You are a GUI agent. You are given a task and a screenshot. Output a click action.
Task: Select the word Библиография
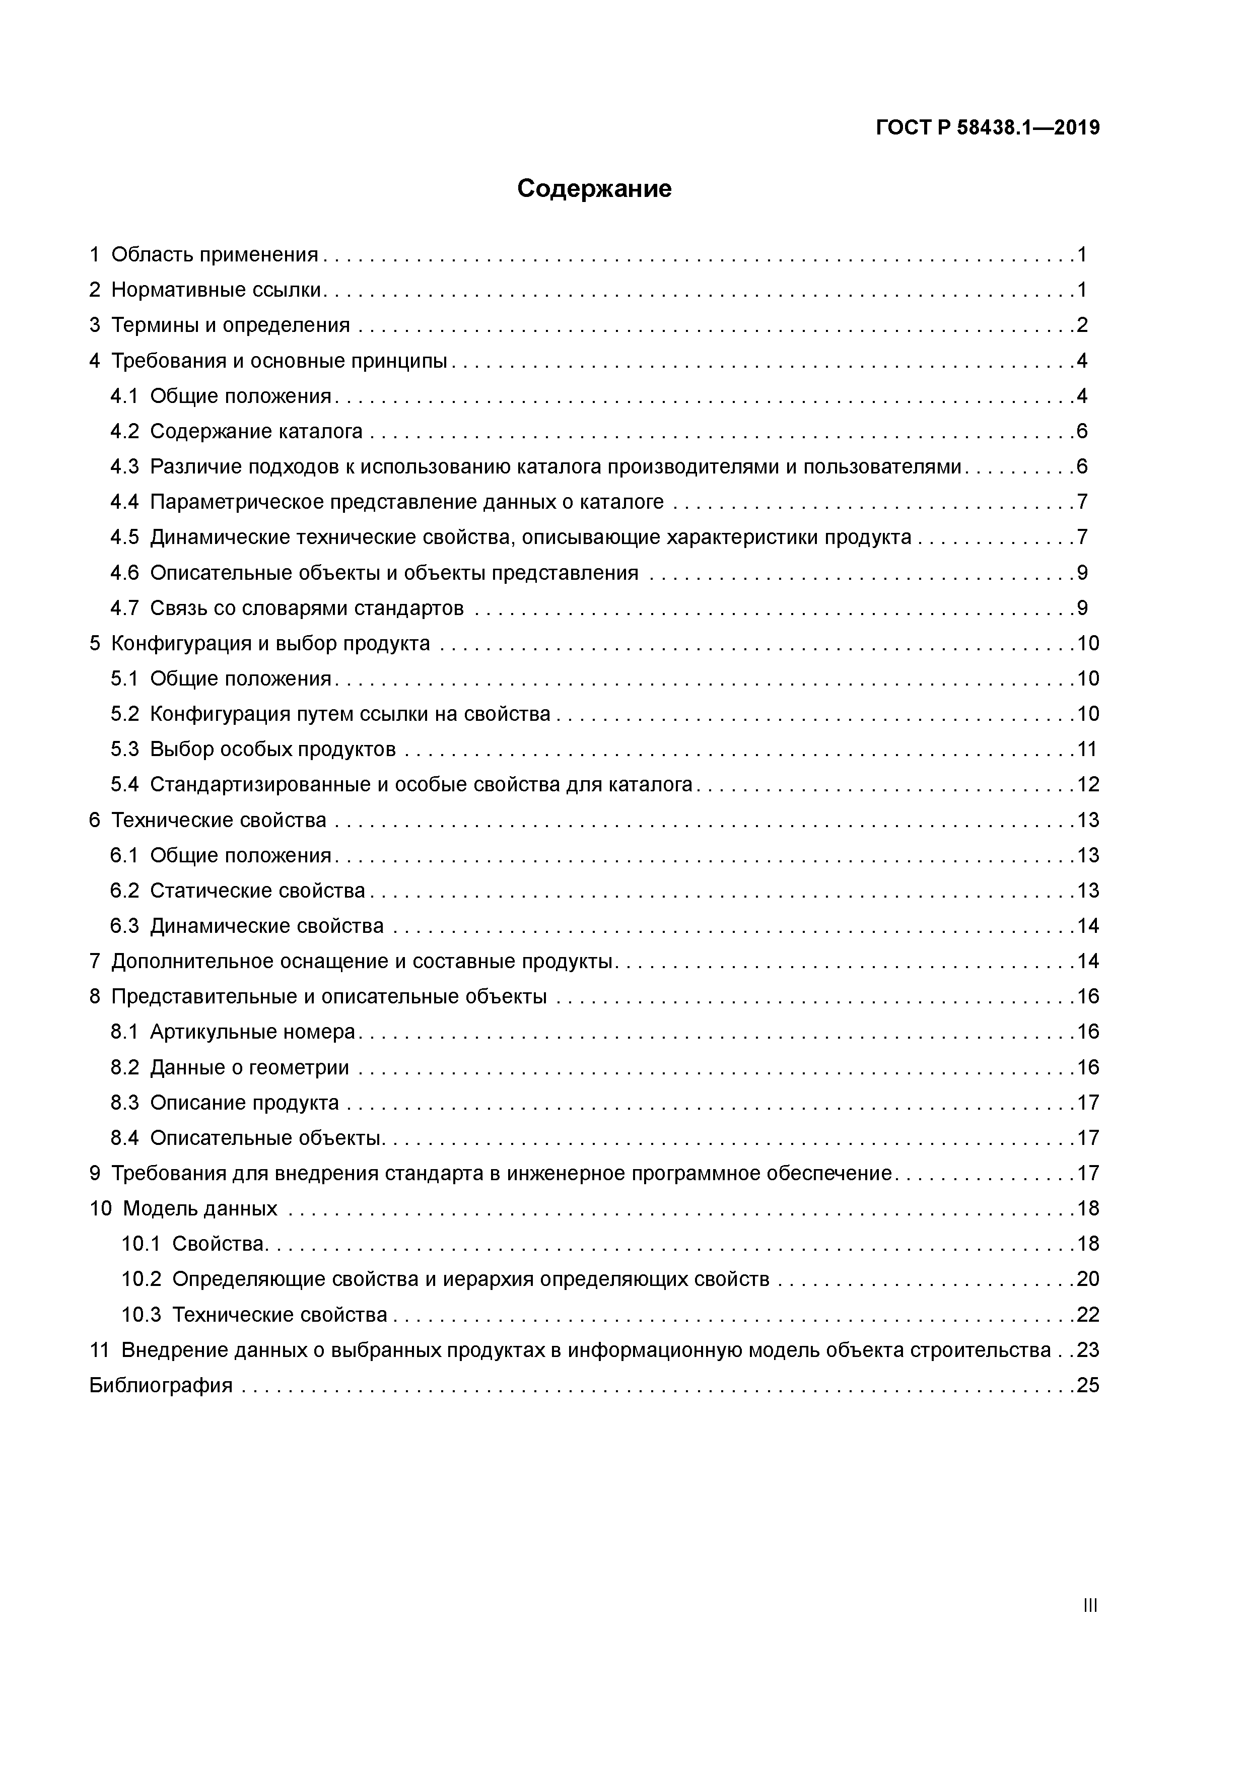click(161, 1385)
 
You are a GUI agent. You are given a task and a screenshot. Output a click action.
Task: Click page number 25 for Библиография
click(1087, 1385)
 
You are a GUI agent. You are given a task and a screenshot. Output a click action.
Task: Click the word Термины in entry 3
click(154, 325)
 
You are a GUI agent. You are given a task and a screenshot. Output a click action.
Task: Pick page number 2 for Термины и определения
click(1082, 325)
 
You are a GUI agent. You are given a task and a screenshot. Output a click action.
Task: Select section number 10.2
click(141, 1279)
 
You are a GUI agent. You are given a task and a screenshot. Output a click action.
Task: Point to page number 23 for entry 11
click(1087, 1350)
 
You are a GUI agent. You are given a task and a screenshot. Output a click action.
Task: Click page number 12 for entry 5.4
click(1087, 784)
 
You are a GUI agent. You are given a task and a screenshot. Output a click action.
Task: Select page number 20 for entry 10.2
click(1087, 1279)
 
